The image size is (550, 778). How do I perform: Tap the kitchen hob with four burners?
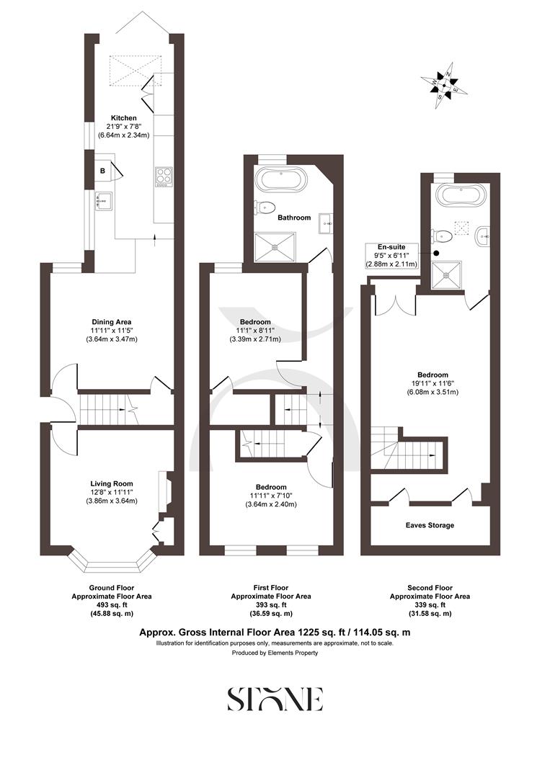tap(164, 176)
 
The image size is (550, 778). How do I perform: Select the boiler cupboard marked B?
tap(103, 171)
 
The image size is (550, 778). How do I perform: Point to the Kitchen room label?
tap(123, 118)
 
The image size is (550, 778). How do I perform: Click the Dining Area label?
tap(111, 321)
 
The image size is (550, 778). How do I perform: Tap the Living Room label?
tap(111, 483)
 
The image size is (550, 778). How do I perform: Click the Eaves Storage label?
tap(430, 525)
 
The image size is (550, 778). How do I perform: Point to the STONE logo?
tap(275, 699)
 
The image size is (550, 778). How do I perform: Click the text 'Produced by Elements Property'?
tap(275, 653)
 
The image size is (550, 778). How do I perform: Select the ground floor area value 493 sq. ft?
tap(111, 605)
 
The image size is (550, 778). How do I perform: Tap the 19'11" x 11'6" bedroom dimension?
tap(433, 384)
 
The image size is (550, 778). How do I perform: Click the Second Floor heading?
tap(430, 588)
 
